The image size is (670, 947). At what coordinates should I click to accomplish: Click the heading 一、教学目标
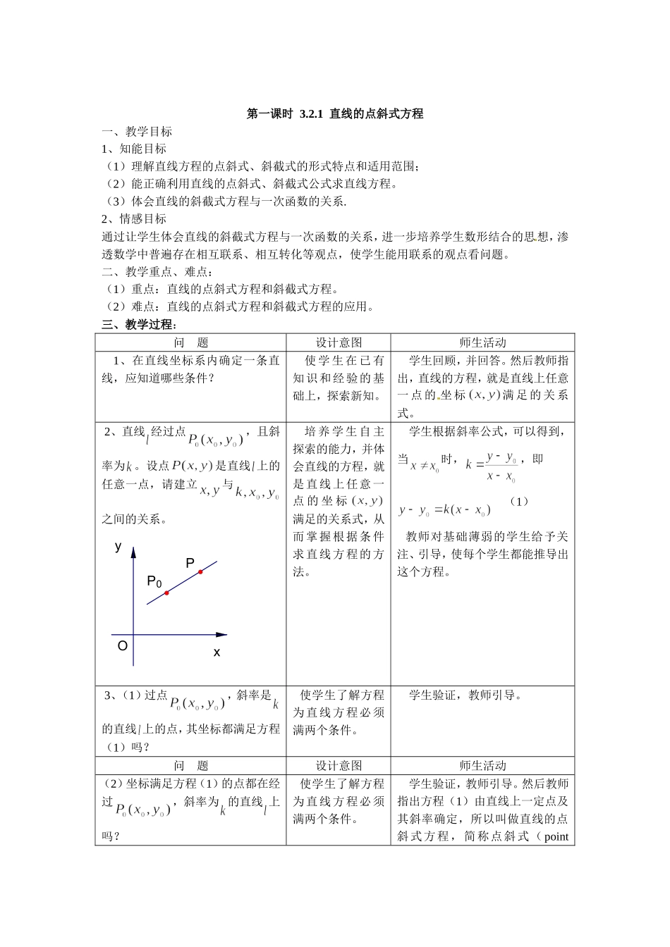(137, 132)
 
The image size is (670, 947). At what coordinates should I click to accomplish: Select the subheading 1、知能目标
(134, 149)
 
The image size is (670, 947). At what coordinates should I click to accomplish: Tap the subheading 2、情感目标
(134, 219)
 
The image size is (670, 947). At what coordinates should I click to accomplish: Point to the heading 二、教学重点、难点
(157, 272)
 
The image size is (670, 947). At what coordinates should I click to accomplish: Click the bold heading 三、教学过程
(139, 324)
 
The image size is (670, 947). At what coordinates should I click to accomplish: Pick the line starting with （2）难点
(238, 307)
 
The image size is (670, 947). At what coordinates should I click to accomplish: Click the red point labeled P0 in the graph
(167, 593)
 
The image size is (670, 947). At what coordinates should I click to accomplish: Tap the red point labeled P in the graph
(200, 571)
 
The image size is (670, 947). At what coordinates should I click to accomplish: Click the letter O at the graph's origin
(123, 646)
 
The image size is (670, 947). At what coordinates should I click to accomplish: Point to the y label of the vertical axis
(118, 546)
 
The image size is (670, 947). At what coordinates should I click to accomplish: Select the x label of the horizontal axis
(217, 652)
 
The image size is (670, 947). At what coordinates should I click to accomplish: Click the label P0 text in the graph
(154, 581)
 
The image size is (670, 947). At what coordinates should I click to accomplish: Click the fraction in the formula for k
(502, 466)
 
